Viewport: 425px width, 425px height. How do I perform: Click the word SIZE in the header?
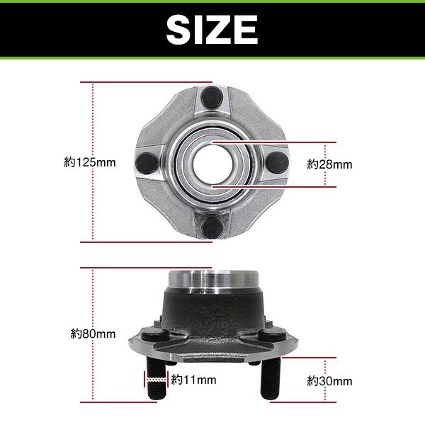[x=212, y=30]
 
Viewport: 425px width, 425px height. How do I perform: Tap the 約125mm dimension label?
[x=90, y=162]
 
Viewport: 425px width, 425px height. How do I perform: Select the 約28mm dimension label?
[x=329, y=164]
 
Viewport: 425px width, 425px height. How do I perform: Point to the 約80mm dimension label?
[x=93, y=334]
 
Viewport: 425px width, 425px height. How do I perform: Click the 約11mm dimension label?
[x=193, y=380]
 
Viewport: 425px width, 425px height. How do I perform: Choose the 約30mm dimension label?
[x=329, y=381]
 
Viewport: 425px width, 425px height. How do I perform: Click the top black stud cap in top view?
[x=212, y=97]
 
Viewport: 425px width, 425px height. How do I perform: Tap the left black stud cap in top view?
[x=147, y=164]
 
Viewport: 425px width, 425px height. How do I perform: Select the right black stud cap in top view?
[x=278, y=163]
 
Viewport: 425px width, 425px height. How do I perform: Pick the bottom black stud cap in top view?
[x=212, y=227]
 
